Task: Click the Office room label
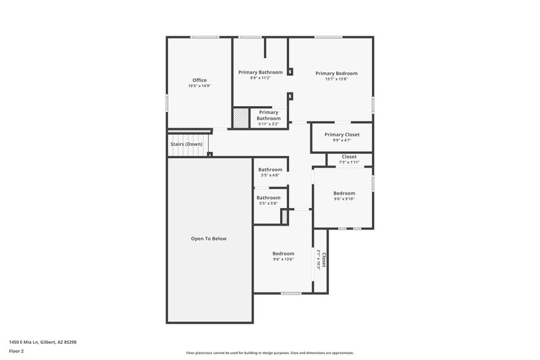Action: [x=199, y=80]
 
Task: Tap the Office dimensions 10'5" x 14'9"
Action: [x=199, y=86]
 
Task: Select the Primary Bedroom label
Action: [x=336, y=73]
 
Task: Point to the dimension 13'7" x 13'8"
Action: [x=336, y=79]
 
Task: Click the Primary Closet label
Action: [x=342, y=134]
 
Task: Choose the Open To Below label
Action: [x=209, y=238]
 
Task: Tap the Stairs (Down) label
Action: [x=186, y=144]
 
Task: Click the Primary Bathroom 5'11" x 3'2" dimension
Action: [x=269, y=124]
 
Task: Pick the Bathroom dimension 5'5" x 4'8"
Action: [x=270, y=176]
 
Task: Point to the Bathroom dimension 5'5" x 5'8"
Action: [x=269, y=203]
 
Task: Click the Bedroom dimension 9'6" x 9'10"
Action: [x=344, y=199]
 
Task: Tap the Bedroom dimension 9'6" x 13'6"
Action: [x=283, y=259]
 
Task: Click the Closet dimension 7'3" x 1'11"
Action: [x=349, y=162]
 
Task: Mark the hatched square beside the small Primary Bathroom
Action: [x=241, y=118]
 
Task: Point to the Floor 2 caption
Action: [x=16, y=351]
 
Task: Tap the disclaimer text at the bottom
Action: [x=269, y=353]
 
